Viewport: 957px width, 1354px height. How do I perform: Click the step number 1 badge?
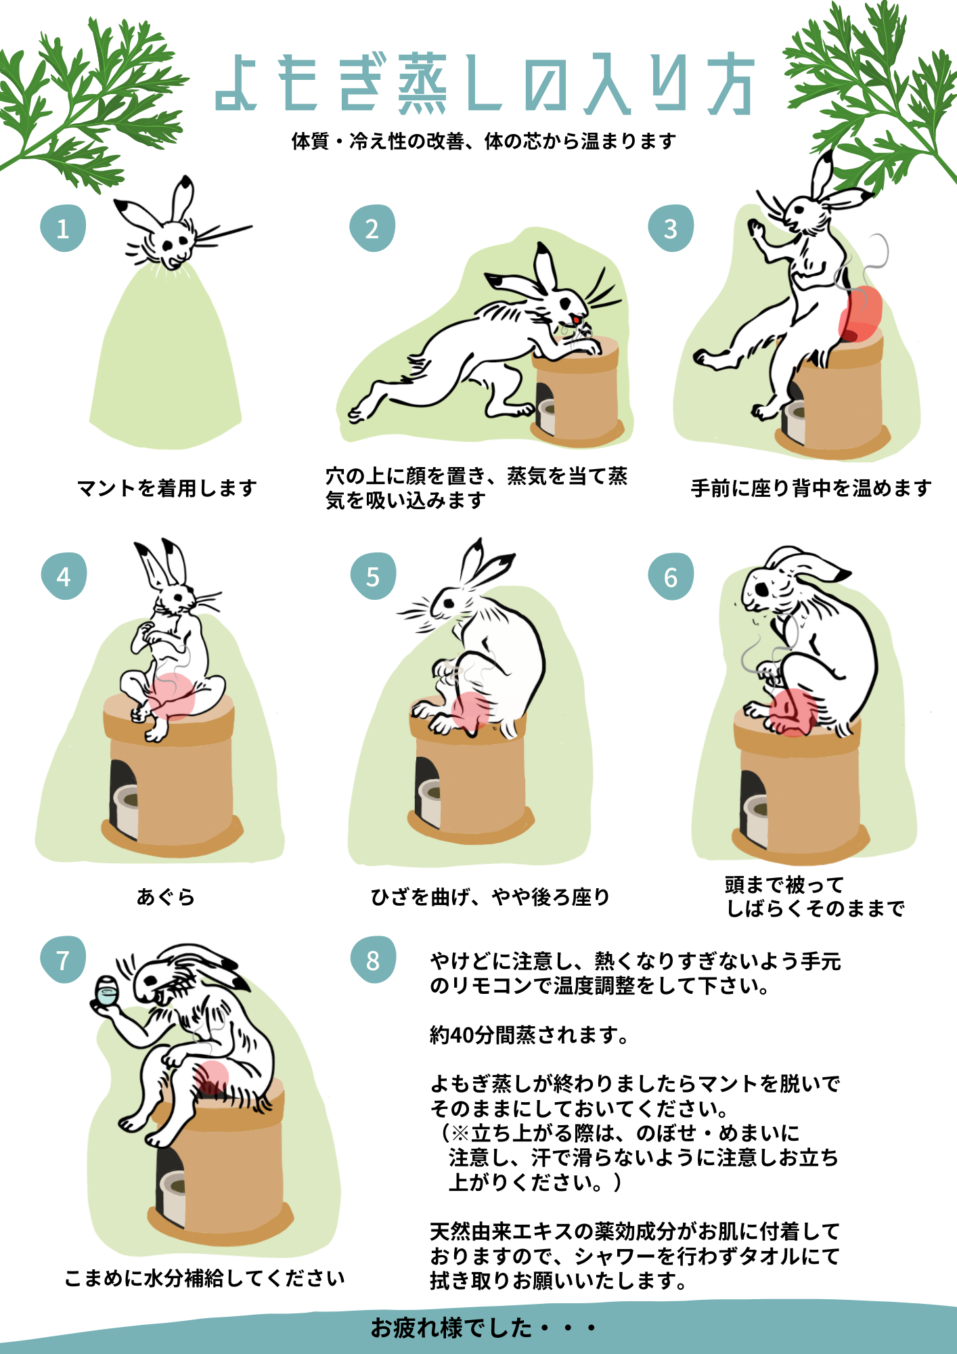click(x=63, y=228)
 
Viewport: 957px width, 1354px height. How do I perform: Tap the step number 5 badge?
click(x=373, y=576)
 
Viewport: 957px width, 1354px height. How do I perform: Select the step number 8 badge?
click(x=373, y=959)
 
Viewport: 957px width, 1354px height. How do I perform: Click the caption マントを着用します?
click(x=167, y=487)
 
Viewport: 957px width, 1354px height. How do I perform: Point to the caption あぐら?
click(x=166, y=896)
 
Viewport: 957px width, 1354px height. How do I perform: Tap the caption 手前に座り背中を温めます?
click(x=811, y=487)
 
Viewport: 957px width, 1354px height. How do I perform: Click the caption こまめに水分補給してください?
click(x=204, y=1277)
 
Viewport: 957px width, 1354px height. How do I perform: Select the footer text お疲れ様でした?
click(x=451, y=1328)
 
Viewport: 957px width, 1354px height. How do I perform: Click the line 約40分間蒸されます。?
click(x=530, y=1034)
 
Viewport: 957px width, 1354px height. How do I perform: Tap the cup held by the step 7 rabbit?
click(x=106, y=991)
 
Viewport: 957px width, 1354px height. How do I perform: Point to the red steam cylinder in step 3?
click(x=860, y=313)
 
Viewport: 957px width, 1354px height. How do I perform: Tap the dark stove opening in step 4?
click(x=121, y=799)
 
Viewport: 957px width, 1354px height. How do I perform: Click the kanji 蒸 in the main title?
click(x=422, y=84)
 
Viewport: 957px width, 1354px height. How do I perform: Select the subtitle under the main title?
click(x=484, y=141)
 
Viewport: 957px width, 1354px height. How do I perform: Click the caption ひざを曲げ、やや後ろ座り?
click(x=491, y=896)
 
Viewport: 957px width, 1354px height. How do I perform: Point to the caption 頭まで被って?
click(x=784, y=884)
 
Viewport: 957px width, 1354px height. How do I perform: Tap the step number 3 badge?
click(x=671, y=228)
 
